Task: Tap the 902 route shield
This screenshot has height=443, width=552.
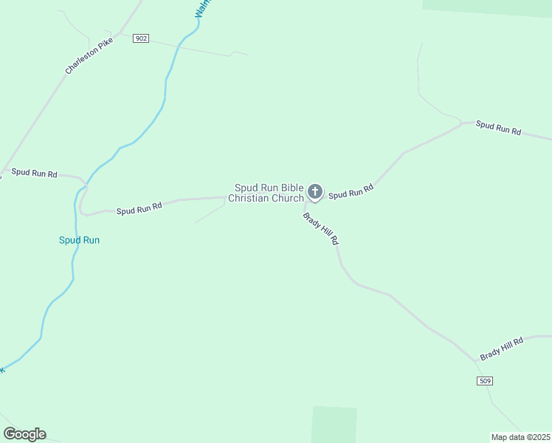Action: (x=141, y=38)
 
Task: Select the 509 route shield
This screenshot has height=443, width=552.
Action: (x=485, y=380)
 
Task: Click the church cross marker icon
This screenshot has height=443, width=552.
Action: (x=315, y=193)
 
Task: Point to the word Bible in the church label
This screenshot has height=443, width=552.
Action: (x=287, y=188)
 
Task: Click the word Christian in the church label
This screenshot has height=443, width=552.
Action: (x=250, y=198)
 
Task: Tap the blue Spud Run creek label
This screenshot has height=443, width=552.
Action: (x=79, y=240)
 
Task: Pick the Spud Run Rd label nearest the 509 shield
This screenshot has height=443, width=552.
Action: (x=498, y=128)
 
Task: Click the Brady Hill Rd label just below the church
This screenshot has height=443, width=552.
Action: (x=321, y=228)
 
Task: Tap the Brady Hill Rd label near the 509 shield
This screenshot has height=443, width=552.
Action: (x=501, y=348)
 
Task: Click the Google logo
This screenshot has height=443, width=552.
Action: (x=24, y=434)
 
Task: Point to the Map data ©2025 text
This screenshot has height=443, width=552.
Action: (x=520, y=436)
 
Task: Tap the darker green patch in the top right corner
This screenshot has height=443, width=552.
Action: (x=487, y=7)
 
